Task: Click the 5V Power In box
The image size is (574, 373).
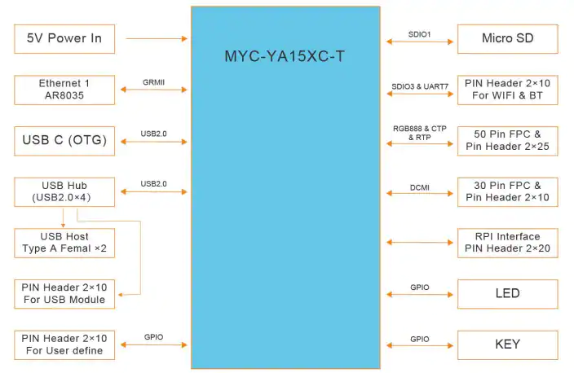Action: [x=64, y=39]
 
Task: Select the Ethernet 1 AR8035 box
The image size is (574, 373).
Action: [x=64, y=90]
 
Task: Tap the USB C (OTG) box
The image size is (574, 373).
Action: [x=64, y=141]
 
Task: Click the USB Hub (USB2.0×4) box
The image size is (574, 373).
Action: [x=64, y=192]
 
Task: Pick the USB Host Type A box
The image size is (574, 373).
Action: [x=64, y=244]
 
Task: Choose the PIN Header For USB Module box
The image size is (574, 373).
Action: [x=64, y=294]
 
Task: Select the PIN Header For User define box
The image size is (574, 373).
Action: [x=64, y=344]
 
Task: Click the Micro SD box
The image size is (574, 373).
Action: [x=508, y=39]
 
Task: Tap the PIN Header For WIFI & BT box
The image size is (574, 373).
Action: [x=508, y=90]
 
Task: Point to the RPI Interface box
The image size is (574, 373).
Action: [x=508, y=244]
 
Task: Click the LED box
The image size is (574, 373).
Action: [x=508, y=294]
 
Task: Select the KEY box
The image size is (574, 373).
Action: [x=508, y=344]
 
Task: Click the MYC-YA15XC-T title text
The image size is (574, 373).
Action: [x=285, y=56]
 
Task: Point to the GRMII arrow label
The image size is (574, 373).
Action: [x=154, y=82]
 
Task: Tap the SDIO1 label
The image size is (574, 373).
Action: [x=420, y=34]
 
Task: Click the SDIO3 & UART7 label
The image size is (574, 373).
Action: [x=420, y=86]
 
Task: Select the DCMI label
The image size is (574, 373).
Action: [x=420, y=187]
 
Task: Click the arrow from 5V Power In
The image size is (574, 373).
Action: [x=157, y=38]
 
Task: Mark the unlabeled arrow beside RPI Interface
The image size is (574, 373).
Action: [x=420, y=242]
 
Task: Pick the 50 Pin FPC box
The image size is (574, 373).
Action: [x=508, y=141]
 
